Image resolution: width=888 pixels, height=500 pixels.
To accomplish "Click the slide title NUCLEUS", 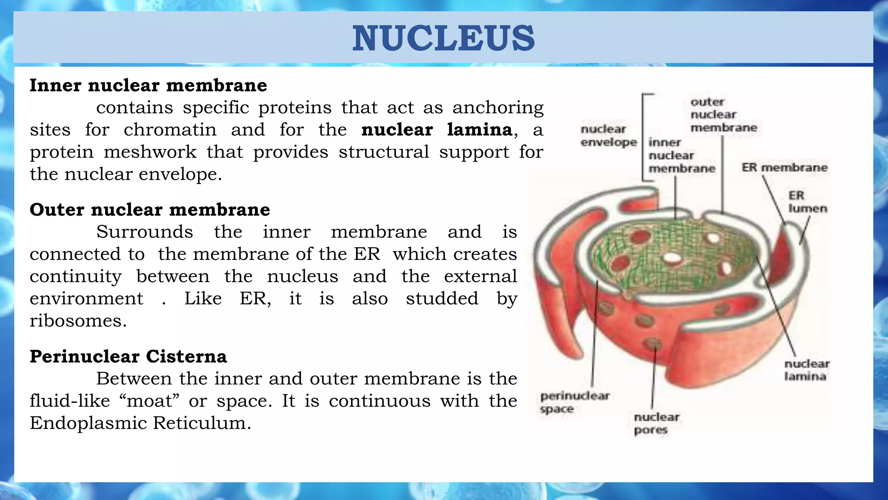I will pos(443,38).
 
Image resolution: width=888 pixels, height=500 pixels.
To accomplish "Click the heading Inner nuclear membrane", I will pos(148,85).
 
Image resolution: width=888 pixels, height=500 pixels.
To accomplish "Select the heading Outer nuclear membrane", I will pos(150,210).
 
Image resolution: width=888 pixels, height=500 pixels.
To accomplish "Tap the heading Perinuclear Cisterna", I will pos(128,356).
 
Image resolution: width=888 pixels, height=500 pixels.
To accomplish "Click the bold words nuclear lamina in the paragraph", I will pos(437,130).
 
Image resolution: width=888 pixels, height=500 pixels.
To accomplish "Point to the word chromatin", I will pos(170,130).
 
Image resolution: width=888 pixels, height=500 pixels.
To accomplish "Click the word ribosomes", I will pos(78,321).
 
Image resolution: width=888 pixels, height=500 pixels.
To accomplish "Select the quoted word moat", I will pos(149,401).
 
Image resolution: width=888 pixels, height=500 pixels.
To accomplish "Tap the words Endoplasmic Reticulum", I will pos(140,423).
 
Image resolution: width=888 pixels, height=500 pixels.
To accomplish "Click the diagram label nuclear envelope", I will pos(608,135).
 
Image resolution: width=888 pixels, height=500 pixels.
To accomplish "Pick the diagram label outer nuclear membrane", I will pos(723,115).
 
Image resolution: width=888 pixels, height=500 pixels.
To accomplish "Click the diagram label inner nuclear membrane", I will pos(681,155).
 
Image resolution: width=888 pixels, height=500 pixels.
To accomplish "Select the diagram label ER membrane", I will pos(784,168).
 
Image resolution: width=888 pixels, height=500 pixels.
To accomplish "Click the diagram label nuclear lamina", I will pos(806,370).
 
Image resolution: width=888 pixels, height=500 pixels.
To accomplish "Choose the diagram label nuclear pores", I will pos(656,423).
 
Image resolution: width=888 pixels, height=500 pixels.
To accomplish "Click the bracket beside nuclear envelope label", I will pos(643,137).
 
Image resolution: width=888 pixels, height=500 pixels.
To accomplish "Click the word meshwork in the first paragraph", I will pos(150,152).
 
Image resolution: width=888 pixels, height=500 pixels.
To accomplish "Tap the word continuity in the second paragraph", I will pos(75,276).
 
